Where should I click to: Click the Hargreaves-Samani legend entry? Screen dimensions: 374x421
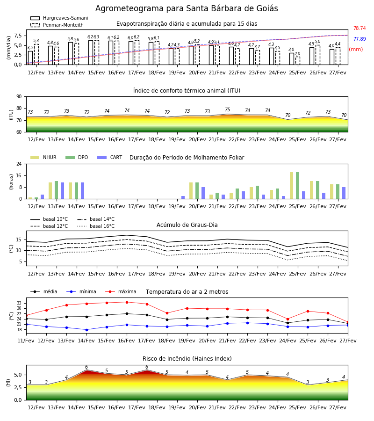[x=59, y=18]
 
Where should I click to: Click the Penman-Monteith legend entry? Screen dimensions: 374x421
[x=57, y=25]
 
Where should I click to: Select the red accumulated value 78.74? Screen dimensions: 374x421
[x=360, y=28]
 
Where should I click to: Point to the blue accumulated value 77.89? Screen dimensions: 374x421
[x=360, y=39]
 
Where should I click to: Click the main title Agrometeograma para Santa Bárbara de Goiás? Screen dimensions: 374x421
[x=187, y=8]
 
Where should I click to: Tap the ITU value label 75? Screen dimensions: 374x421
[x=228, y=109]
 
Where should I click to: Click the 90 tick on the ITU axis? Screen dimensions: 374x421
[x=19, y=97]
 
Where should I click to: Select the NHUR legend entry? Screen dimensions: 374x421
[x=43, y=157]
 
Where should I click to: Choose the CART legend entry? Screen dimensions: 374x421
[x=110, y=157]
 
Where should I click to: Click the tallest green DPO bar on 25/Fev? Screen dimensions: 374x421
[x=297, y=186]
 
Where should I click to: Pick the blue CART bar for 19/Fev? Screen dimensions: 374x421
[x=183, y=197]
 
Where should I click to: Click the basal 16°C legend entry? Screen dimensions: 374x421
[x=96, y=226]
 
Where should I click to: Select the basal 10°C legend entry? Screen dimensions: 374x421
[x=49, y=219]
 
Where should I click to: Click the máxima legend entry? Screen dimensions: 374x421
[x=121, y=291]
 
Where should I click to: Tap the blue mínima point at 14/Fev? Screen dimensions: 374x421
[x=86, y=330]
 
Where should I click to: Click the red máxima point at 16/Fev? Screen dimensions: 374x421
[x=127, y=302]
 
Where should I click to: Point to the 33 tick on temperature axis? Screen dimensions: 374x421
[x=19, y=303]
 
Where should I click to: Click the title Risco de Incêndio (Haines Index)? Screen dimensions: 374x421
[x=187, y=359]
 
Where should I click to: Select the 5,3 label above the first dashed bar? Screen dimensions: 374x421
[x=36, y=41]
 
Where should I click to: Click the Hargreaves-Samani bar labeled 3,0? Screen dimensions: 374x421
[x=292, y=59]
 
